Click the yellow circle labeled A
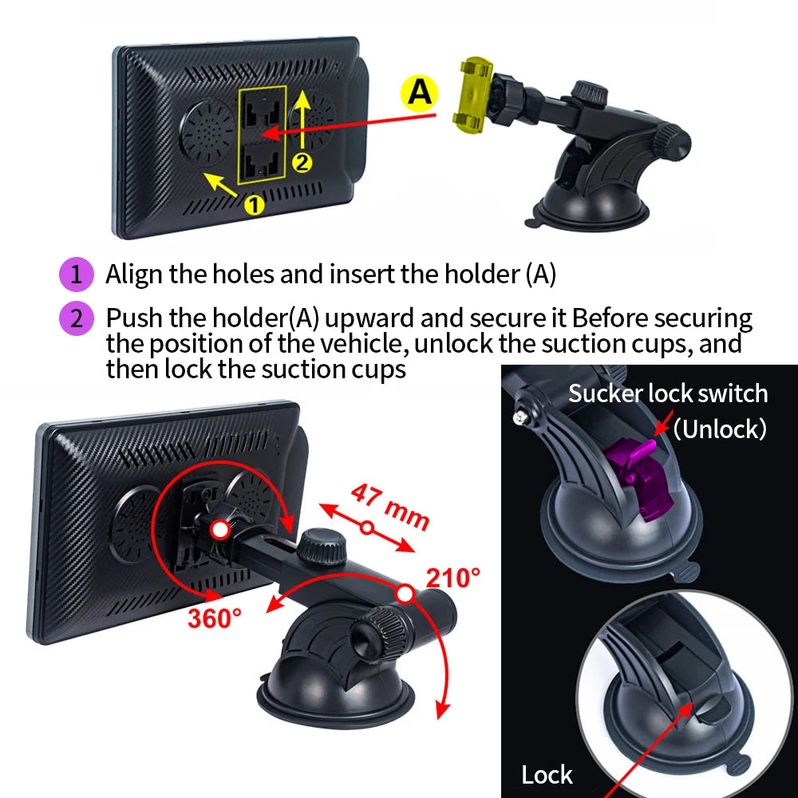(419, 93)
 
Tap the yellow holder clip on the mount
(474, 95)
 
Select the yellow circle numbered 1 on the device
(255, 204)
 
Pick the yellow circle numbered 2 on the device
(302, 163)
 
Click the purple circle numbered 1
(77, 275)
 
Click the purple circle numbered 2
(77, 318)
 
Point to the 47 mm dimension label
(390, 507)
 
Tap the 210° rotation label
(453, 578)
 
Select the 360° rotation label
(215, 618)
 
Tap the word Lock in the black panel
(547, 775)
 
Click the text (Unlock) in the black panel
(720, 429)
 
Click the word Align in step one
(134, 275)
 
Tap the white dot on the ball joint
(220, 530)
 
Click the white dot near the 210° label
(405, 594)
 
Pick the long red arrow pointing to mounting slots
(349, 124)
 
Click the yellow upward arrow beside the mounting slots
(302, 120)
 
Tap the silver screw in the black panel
(519, 417)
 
